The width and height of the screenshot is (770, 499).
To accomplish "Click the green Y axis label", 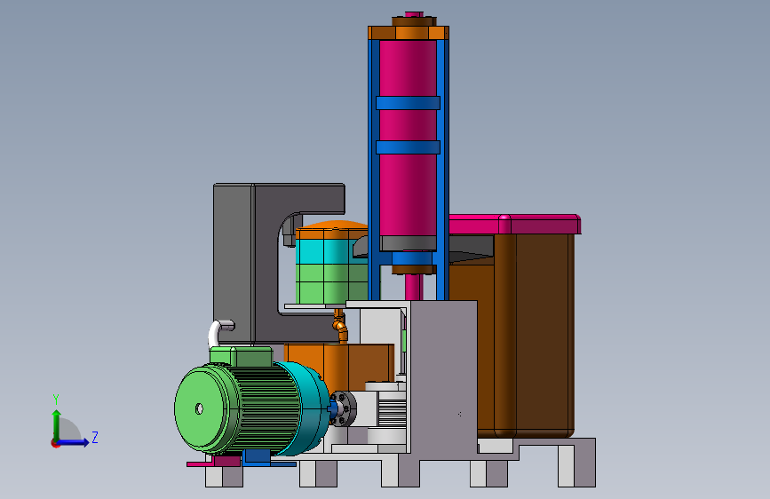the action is coord(56,400).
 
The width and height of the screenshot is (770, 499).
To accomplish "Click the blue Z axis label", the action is coord(95,437).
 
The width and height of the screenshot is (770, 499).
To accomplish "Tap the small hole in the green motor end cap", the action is coord(199,408).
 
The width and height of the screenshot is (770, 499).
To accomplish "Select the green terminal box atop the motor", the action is coord(241,355).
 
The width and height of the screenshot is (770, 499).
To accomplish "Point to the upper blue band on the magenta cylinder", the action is coord(408,103).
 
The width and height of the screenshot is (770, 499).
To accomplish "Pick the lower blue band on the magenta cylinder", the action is coord(408,147).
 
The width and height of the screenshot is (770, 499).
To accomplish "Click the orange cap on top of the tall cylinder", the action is coord(409,33).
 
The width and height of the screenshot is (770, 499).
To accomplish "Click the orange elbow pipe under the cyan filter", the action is coord(340,326).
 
